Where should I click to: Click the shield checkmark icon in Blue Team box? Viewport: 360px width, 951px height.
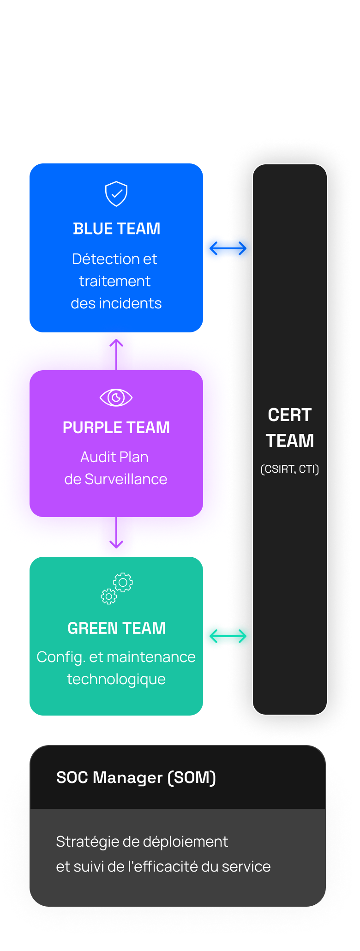116,193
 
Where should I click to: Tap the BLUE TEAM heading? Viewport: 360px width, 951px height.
116,229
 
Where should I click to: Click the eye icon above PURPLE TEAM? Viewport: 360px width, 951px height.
116,397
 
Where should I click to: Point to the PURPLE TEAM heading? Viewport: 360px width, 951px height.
116,427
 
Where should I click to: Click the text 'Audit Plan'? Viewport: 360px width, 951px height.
114,457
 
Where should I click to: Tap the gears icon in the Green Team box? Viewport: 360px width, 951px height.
117,589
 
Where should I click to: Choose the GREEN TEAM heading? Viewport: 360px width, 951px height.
116,628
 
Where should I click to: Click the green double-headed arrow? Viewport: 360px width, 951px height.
228,637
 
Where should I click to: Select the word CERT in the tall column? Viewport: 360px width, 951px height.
290,415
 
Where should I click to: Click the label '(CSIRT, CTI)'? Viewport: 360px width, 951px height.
290,469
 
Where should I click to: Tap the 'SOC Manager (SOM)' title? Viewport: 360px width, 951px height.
136,777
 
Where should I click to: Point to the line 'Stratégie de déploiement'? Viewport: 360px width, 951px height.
142,842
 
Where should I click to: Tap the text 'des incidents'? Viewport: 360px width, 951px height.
116,303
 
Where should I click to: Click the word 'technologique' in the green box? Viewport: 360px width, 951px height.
116,679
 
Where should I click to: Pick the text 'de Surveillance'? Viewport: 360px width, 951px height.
116,479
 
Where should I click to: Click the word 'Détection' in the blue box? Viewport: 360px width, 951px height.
99,259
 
